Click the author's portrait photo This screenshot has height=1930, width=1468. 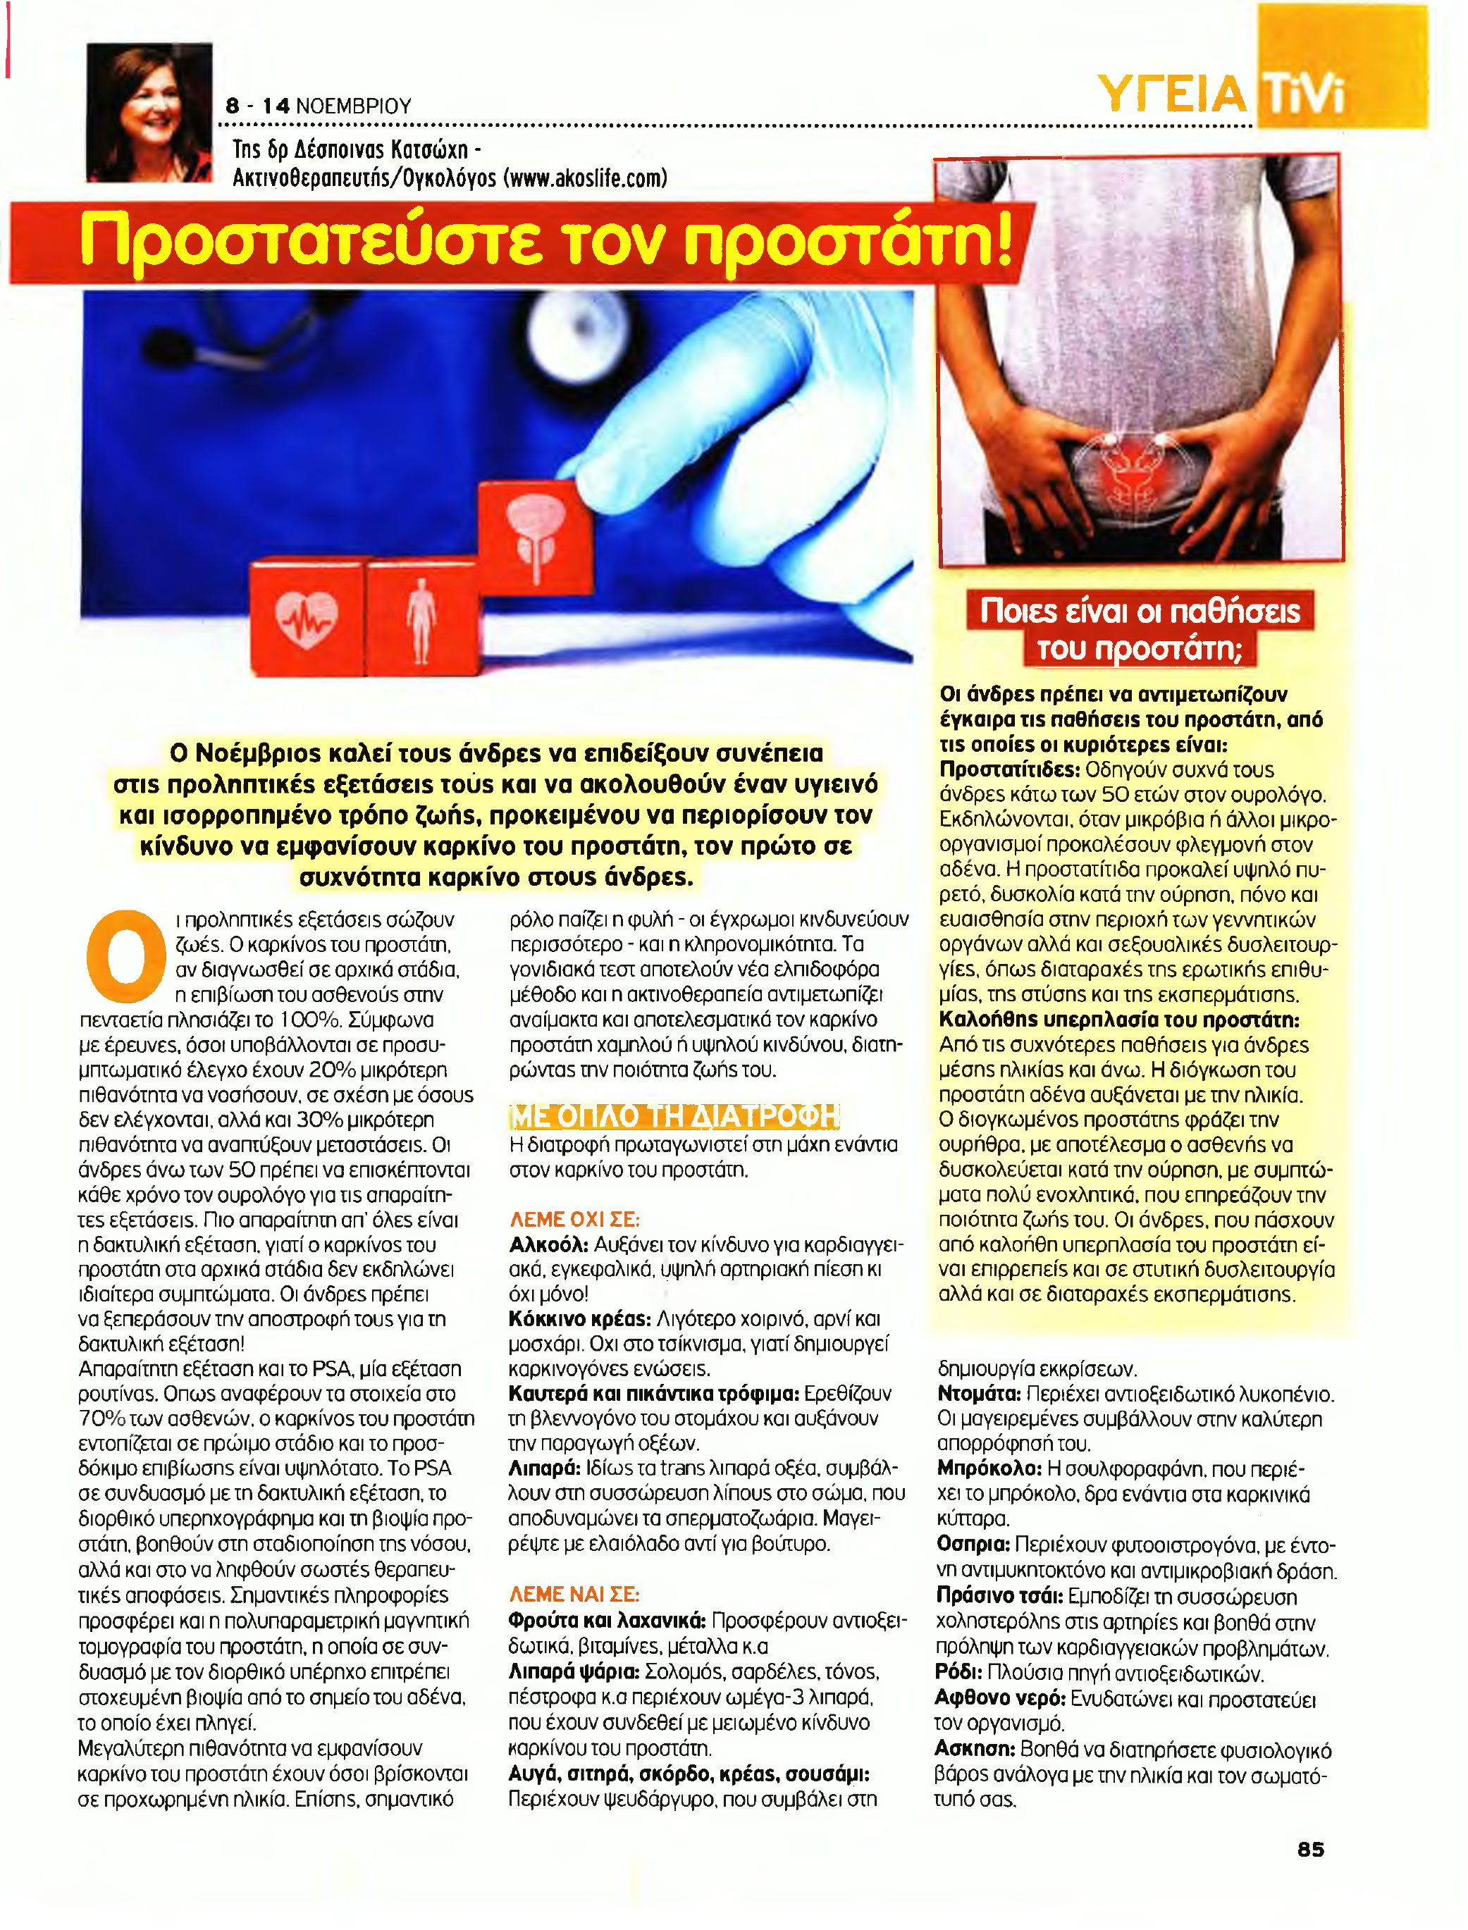[x=149, y=112]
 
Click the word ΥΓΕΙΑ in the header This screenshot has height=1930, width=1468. [x=1171, y=94]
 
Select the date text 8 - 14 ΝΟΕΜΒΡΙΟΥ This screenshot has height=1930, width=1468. [x=318, y=106]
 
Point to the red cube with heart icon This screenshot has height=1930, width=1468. [x=306, y=617]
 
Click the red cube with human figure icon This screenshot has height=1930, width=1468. [x=421, y=617]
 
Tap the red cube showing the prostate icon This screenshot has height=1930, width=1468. [x=535, y=535]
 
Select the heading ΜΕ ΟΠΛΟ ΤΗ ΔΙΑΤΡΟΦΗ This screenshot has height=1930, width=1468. [x=674, y=1115]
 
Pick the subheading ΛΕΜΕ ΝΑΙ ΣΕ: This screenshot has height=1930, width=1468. [x=574, y=1594]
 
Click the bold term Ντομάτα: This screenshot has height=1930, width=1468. [x=979, y=1394]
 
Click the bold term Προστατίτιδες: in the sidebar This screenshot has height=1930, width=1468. [x=1009, y=769]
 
